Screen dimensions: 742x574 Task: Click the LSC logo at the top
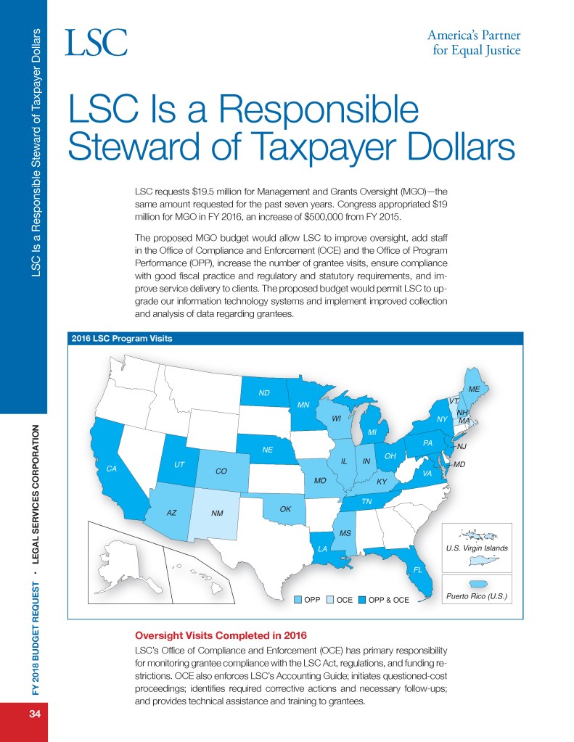[x=97, y=43]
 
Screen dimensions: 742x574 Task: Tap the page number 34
[x=34, y=714]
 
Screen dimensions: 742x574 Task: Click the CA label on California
[x=112, y=469]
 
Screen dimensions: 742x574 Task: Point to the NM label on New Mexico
[x=217, y=514]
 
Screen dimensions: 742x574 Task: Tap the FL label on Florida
[x=417, y=569]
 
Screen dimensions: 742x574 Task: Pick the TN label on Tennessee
[x=367, y=501]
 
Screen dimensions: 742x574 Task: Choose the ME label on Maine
[x=475, y=389]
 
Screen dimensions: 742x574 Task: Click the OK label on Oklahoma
[x=285, y=509]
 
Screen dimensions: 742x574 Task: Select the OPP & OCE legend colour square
[x=362, y=600]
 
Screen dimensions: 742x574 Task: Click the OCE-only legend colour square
[x=330, y=600]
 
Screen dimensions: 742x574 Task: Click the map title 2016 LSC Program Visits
[x=120, y=338]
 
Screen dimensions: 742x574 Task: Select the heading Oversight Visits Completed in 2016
[x=216, y=635]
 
